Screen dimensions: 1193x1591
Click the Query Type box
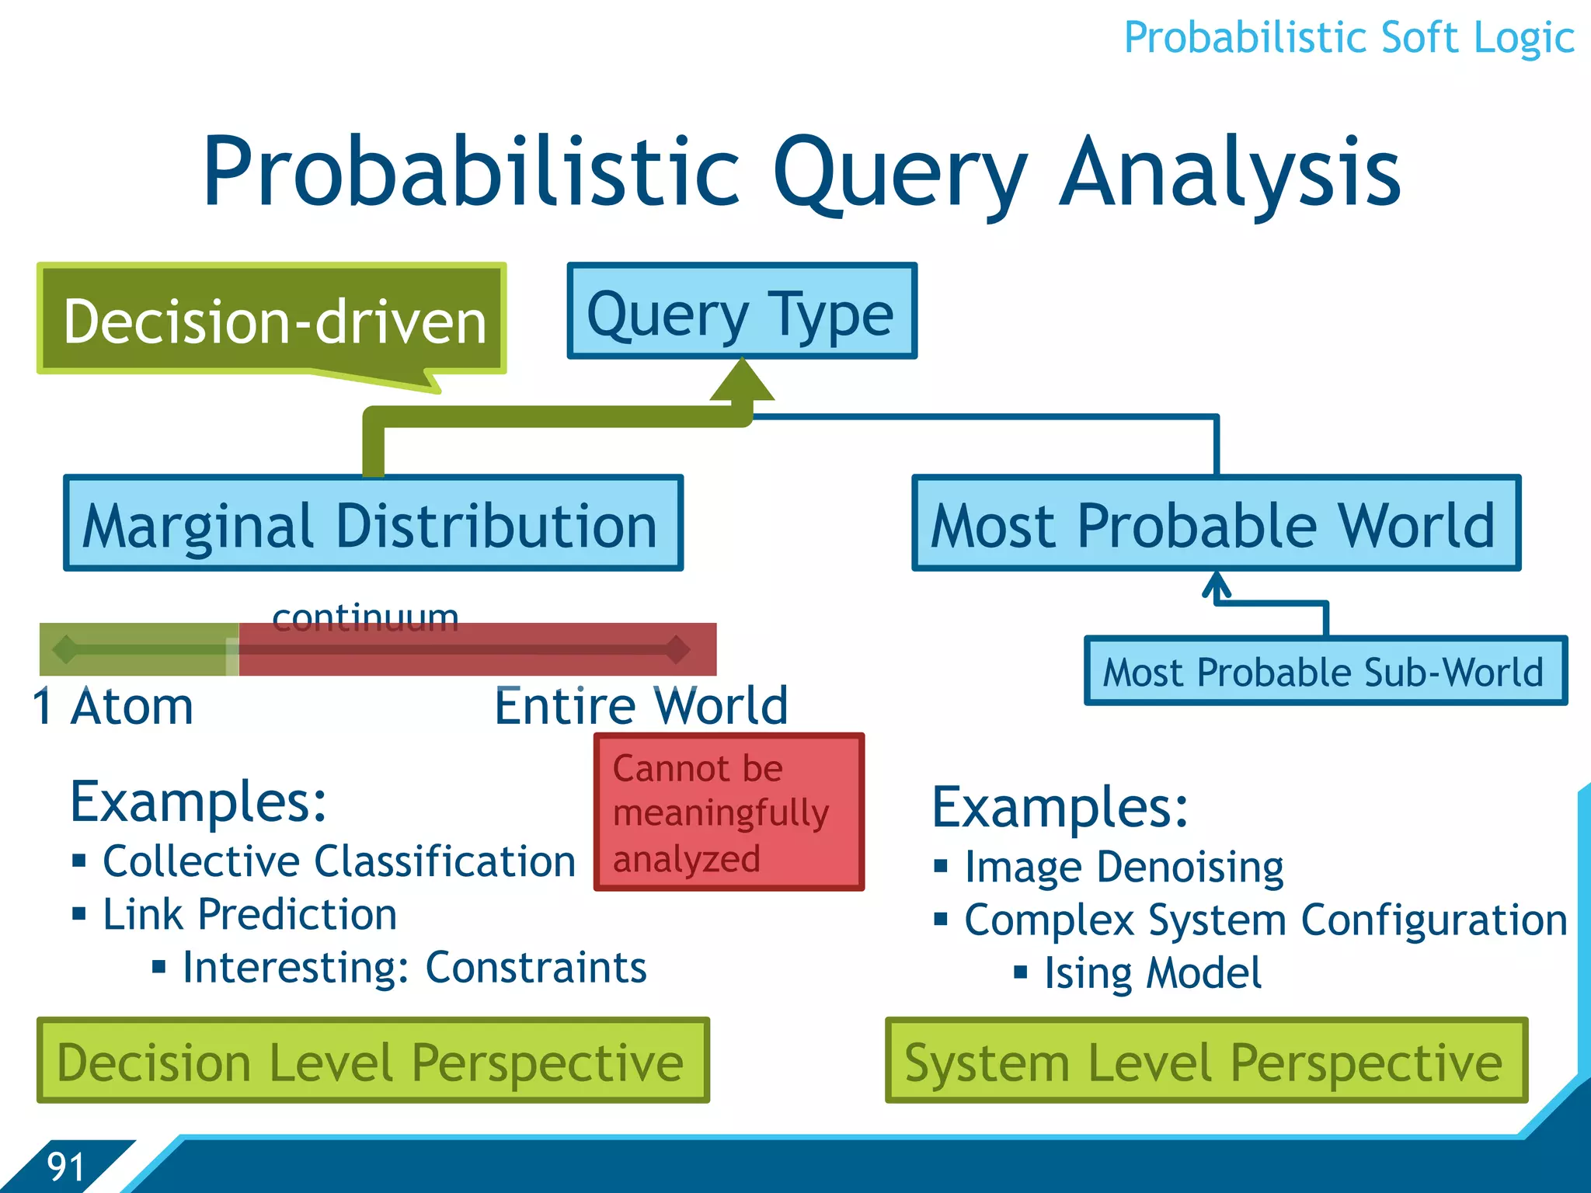click(x=742, y=311)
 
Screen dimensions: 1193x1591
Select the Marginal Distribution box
click(x=373, y=523)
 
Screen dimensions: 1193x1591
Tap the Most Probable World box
click(x=1216, y=523)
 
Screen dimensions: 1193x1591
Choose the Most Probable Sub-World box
click(x=1325, y=671)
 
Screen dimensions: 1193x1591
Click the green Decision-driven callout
click(x=272, y=320)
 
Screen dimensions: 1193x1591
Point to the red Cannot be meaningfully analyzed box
click(x=729, y=812)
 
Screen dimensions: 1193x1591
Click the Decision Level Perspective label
click(x=373, y=1061)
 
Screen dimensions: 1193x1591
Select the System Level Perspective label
click(x=1206, y=1061)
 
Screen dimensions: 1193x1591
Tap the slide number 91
click(x=66, y=1166)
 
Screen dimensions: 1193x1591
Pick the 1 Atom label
click(x=113, y=707)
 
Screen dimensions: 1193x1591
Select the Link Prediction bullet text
click(x=250, y=914)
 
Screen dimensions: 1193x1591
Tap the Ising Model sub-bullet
click(x=1153, y=972)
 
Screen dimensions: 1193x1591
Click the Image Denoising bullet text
click(x=1124, y=866)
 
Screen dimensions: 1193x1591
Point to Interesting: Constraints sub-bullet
click(x=414, y=967)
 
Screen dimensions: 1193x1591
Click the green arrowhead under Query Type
click(x=742, y=381)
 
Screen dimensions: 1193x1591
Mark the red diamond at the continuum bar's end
click(x=677, y=649)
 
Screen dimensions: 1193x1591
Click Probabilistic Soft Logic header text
click(x=1349, y=37)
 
